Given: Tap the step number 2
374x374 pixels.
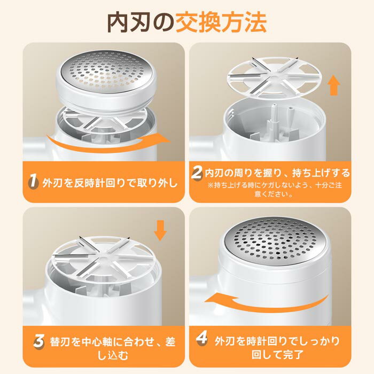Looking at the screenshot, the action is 197,172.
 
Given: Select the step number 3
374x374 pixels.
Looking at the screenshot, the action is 38,341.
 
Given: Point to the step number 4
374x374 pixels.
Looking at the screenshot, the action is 202,338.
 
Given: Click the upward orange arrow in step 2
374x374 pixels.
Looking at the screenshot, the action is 334,87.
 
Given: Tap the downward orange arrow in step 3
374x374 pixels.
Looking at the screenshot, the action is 160,230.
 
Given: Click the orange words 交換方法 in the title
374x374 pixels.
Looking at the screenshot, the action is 221,22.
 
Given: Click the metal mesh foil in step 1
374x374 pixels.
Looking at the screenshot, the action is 106,71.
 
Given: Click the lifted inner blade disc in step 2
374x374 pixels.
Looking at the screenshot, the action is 275,77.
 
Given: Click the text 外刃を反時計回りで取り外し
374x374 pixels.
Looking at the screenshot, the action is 110,183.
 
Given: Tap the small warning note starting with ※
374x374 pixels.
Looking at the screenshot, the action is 274,189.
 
